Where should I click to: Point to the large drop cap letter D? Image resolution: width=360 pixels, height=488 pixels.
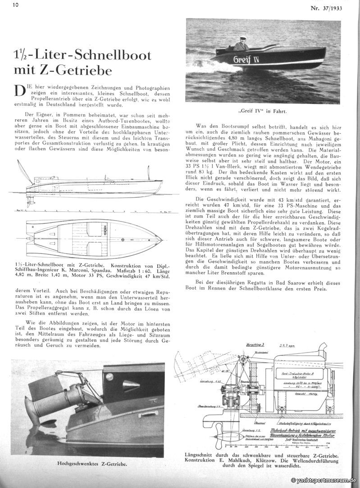21,90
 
